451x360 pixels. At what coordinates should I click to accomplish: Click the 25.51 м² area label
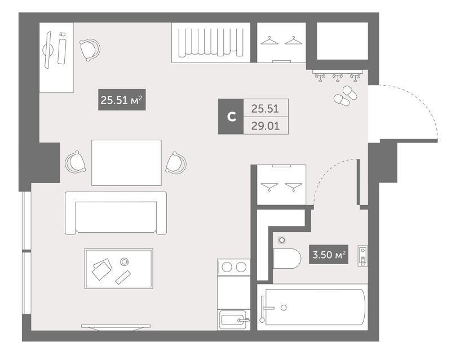[122, 100]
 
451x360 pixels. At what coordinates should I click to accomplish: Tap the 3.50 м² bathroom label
[329, 255]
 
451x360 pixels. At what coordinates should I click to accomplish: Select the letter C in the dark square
[231, 117]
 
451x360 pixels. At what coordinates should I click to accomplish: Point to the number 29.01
[265, 126]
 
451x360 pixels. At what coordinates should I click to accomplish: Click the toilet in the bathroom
[286, 258]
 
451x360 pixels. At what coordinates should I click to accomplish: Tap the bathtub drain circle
[284, 308]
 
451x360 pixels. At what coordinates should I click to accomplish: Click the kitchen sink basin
[233, 320]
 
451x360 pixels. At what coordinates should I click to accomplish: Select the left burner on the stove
[227, 268]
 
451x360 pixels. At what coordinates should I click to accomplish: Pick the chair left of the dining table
[76, 162]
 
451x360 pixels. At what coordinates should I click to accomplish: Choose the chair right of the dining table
[176, 163]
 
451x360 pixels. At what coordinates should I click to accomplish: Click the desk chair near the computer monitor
[90, 50]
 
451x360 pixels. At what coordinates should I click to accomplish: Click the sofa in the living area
[116, 213]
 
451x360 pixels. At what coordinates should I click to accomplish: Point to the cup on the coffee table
[125, 261]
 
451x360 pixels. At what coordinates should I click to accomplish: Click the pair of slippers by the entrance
[345, 96]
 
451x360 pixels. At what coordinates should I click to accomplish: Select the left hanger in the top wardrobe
[269, 41]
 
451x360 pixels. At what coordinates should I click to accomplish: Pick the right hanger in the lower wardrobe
[294, 186]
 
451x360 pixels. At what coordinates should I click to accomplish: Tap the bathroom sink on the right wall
[362, 256]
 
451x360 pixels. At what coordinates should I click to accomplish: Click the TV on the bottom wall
[116, 327]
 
